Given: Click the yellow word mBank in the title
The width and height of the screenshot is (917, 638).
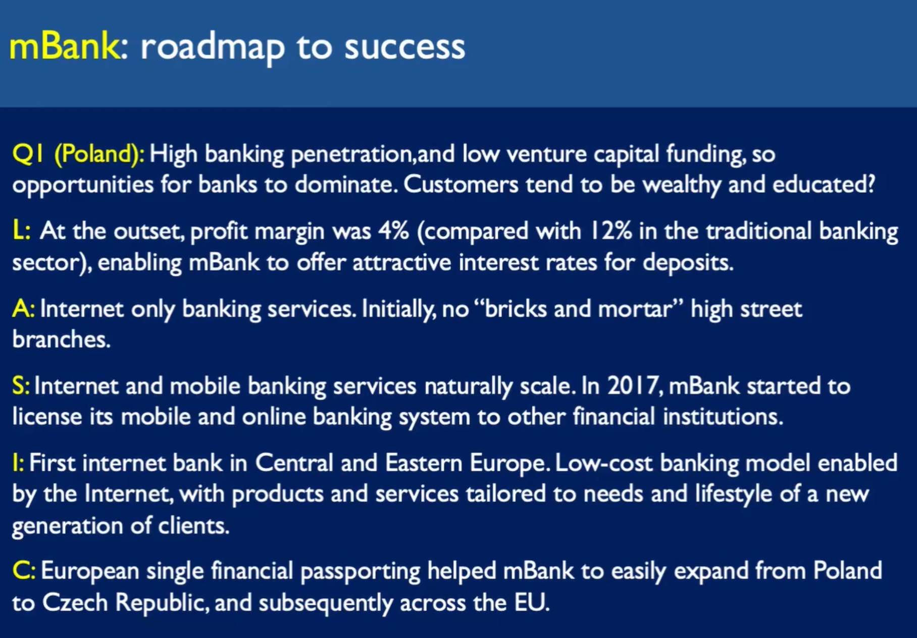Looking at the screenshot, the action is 64,46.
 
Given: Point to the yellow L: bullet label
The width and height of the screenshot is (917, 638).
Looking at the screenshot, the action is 21,231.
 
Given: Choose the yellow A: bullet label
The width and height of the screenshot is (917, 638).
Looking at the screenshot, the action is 23,309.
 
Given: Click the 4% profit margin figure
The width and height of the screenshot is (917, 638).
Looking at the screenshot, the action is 393,231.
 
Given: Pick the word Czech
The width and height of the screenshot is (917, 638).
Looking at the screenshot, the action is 75,603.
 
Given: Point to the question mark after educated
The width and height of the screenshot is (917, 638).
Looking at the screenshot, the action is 871,184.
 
